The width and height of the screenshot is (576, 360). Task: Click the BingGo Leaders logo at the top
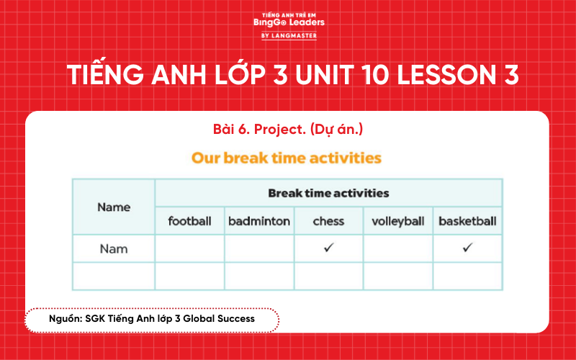[x=288, y=22]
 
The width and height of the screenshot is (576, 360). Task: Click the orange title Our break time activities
[x=287, y=157]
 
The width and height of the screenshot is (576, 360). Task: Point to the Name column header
[x=114, y=207]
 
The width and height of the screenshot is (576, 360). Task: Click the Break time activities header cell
[x=328, y=193]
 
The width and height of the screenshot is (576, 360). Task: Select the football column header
[x=189, y=221]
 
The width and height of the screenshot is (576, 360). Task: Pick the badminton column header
[x=259, y=221]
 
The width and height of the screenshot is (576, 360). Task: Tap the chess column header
[x=328, y=221]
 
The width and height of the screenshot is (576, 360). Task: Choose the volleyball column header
[x=397, y=221]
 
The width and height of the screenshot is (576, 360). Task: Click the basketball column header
[x=467, y=221]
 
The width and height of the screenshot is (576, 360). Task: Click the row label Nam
[x=114, y=248]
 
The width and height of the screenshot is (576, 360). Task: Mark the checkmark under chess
[x=328, y=248]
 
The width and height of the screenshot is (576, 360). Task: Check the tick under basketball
[x=467, y=248]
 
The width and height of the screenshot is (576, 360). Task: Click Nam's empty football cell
[x=189, y=248]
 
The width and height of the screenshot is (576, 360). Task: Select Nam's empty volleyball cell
[x=397, y=248]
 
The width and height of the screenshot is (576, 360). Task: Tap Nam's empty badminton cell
[x=259, y=248]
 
